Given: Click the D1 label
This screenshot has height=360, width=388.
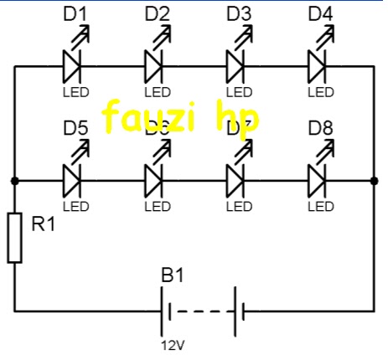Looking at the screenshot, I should [75, 13].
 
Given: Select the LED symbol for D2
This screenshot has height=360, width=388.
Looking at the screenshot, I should [154, 63].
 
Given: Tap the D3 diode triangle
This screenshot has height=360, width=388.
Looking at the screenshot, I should [236, 63].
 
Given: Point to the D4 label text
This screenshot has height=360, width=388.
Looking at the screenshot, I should [320, 13].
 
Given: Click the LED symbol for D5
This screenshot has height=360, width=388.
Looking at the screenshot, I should [73, 178].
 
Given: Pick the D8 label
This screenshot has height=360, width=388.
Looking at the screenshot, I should [320, 129].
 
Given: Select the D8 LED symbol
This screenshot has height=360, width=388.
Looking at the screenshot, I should [318, 178].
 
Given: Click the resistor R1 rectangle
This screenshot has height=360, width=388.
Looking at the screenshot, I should [14, 238].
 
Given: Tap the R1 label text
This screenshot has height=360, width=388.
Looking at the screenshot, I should [44, 224].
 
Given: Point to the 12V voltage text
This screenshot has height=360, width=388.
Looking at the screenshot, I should [171, 343].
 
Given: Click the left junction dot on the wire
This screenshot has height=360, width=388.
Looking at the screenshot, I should [14, 180].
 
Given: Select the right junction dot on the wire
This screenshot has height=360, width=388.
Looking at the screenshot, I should [373, 180].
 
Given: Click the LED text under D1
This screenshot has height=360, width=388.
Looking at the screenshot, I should [75, 90].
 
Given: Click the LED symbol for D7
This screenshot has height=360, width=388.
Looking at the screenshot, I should [236, 178].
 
